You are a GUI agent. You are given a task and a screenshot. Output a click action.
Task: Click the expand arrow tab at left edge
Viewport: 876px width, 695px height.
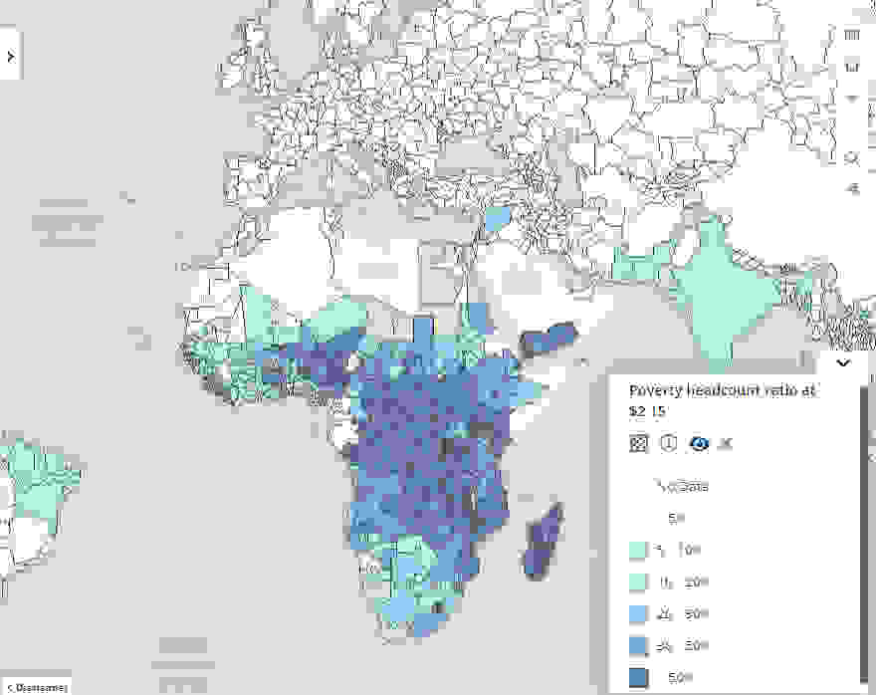click(10, 57)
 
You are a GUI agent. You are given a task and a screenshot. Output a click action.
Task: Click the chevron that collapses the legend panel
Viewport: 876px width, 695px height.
click(843, 363)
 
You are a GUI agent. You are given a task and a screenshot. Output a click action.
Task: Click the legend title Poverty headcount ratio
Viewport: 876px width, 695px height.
click(723, 390)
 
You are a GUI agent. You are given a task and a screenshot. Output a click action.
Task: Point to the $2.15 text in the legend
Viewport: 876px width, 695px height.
click(648, 410)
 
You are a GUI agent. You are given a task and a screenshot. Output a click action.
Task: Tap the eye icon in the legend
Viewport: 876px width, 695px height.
click(699, 443)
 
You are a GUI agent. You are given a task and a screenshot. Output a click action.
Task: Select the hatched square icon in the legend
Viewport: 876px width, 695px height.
click(639, 443)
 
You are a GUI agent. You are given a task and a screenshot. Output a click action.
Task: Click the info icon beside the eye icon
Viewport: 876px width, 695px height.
click(669, 443)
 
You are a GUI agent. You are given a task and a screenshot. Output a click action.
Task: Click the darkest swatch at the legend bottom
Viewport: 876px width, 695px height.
click(639, 677)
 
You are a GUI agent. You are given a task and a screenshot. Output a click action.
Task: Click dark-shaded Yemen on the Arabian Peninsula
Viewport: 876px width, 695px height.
click(548, 338)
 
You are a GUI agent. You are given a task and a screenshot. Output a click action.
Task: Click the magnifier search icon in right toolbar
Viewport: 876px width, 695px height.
click(851, 157)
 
